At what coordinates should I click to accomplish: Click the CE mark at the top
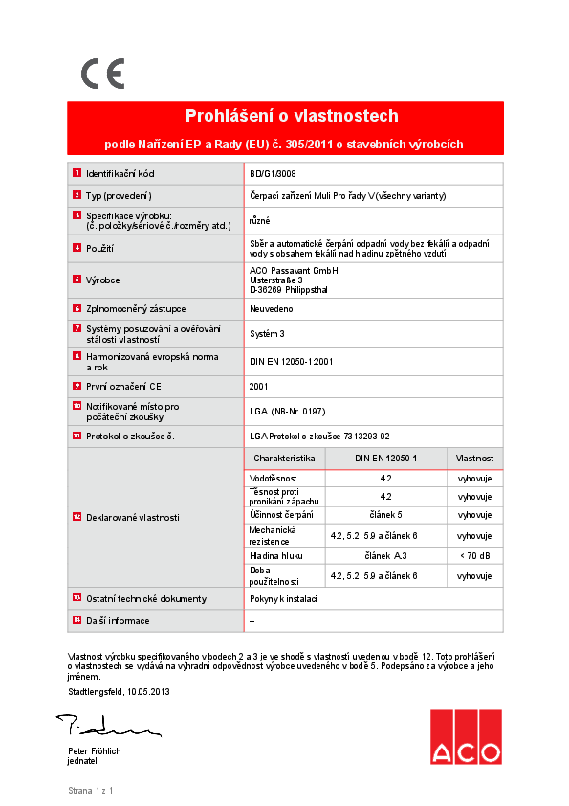pos(102,74)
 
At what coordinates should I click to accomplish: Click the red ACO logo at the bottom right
pos(465,737)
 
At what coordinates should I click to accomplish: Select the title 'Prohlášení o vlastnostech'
pos(292,117)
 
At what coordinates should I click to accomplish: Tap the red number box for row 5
pos(77,279)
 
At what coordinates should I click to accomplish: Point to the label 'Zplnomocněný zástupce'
pos(136,309)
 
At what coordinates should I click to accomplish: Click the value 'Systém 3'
pos(268,333)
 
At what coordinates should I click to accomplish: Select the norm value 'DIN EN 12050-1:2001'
pos(292,362)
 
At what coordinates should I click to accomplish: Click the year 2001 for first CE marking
pos(258,387)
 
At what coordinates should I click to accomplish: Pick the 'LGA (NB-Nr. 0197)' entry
pos(288,412)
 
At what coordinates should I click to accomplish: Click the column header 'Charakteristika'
pos(285,459)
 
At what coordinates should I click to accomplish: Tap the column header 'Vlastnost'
pos(474,459)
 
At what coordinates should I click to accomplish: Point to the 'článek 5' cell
pos(385,515)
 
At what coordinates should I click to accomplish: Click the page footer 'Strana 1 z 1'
pos(91,791)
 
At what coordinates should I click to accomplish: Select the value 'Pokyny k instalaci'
pos(283,599)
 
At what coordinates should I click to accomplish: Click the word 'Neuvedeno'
pos(272,309)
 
